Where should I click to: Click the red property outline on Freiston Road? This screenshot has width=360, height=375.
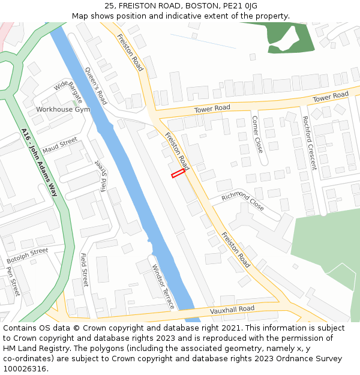pos(178,173)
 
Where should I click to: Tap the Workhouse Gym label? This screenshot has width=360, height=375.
pos(63,110)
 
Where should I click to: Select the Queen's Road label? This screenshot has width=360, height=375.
pos(96,85)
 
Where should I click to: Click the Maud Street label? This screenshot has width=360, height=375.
pos(59,145)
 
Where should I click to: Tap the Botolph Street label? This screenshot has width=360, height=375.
pos(27,256)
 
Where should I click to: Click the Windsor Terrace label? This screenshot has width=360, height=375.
pos(163,287)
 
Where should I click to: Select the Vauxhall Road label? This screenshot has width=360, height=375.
pos(232,310)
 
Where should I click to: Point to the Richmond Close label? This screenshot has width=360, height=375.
pos(243,202)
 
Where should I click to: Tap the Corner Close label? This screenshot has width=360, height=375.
pos(257,134)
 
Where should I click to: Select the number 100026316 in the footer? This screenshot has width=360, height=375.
pos(25,369)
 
